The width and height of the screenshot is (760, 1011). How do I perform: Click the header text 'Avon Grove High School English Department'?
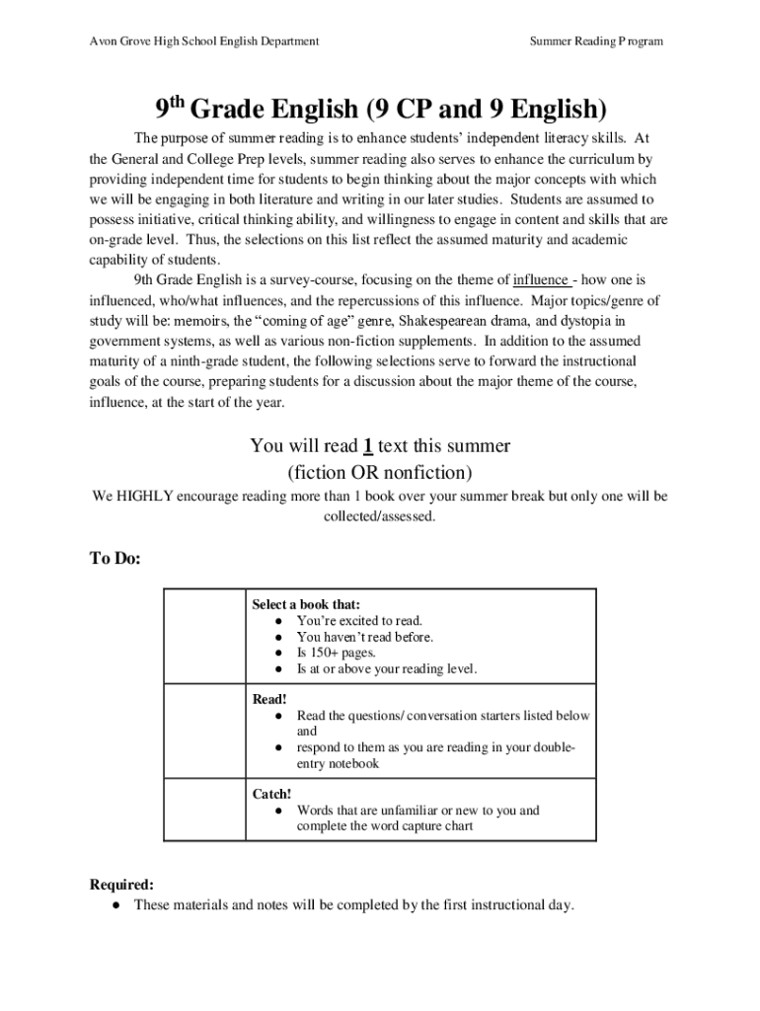204,41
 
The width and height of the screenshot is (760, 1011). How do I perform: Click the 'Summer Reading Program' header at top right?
596,41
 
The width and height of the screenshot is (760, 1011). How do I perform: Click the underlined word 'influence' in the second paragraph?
540,279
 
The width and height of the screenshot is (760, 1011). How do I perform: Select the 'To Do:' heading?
115,559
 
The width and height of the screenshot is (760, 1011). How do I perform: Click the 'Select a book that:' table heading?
306,604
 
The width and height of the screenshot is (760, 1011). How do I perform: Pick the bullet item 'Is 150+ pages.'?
336,653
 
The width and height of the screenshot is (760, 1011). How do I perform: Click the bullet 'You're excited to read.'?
359,621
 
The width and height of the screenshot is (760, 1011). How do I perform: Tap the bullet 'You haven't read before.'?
364,637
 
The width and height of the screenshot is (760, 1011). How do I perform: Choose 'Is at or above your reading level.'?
386,668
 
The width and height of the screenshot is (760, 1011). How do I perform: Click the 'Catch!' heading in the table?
272,794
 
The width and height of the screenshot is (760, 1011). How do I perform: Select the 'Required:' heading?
121,885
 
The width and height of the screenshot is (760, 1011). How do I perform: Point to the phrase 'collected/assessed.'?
380,516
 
